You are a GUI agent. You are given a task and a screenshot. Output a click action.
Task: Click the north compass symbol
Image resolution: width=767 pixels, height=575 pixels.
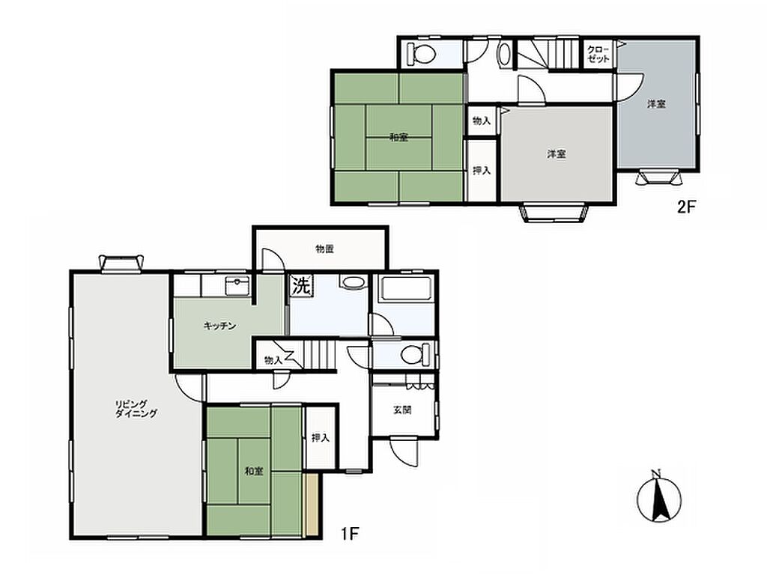point(659,498)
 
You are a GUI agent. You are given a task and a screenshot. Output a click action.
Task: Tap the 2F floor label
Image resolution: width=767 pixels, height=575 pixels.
point(686,207)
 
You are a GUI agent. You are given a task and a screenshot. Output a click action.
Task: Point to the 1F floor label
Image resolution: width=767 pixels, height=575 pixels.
point(350,534)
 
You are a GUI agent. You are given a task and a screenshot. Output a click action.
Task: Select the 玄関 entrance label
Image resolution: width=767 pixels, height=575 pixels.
point(402,410)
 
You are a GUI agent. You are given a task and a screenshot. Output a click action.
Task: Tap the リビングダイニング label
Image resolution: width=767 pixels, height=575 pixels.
point(136,408)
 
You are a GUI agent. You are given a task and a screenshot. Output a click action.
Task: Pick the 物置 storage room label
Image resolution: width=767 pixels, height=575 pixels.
point(324,249)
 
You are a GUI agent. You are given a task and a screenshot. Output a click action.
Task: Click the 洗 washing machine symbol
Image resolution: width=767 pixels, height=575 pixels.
point(301,285)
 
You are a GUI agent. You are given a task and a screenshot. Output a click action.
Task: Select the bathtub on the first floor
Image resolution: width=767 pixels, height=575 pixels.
point(405,288)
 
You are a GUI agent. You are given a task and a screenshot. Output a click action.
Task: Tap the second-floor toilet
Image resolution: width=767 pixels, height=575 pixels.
point(421,53)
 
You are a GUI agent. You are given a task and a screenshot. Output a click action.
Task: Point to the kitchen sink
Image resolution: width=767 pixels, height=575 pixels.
point(237,285)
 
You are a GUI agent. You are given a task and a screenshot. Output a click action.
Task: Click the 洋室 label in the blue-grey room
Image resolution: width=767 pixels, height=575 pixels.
point(656,104)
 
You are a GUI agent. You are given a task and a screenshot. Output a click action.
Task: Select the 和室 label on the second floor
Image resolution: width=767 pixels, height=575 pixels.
point(398,138)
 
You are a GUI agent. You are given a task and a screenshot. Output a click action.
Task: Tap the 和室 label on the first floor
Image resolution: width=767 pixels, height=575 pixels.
point(254,472)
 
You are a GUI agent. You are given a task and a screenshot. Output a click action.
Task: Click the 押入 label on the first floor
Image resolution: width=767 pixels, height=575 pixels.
point(321,437)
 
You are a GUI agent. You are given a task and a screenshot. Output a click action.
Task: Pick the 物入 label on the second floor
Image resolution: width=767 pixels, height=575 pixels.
point(482,121)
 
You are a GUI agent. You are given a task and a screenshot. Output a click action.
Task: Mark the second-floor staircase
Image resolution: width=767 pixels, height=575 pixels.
point(549,53)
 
